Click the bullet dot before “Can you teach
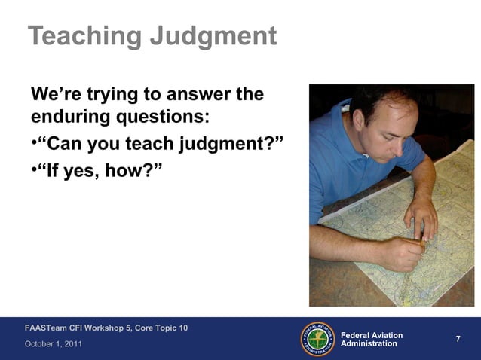[34, 142]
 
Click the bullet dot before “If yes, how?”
[34, 166]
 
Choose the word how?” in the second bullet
[133, 166]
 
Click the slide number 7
[458, 340]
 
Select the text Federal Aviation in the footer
[372, 335]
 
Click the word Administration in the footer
[369, 344]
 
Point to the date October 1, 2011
[54, 344]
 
